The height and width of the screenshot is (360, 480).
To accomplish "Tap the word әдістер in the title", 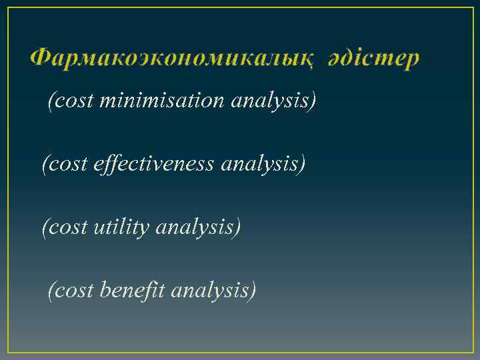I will coord(373,59).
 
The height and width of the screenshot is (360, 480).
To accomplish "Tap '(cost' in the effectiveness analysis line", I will coord(63,164).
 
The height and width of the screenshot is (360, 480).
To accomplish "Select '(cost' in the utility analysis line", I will coord(63,227).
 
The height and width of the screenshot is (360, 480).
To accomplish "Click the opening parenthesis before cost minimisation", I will coord(51,101).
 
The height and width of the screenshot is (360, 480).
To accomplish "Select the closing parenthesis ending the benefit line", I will coord(253,291).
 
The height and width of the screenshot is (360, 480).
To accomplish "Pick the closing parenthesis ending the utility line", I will coord(237,228).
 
